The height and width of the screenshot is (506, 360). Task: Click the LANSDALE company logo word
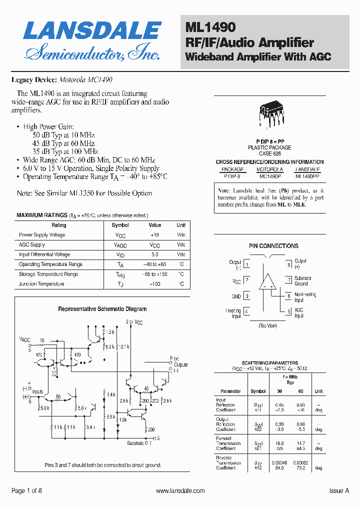tap(92, 31)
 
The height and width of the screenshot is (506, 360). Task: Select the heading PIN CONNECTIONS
tap(273, 246)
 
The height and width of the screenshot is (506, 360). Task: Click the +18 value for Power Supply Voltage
tap(154, 235)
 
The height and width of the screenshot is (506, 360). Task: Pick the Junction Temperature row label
tap(41, 284)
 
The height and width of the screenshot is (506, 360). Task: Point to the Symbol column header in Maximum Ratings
tap(120, 225)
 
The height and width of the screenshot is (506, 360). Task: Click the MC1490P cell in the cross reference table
tap(270, 176)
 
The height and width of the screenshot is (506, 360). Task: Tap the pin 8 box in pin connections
tap(288, 265)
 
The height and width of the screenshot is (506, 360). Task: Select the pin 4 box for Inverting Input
tap(247, 312)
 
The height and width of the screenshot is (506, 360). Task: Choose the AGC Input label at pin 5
tap(299, 313)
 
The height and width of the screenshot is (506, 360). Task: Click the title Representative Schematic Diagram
tap(102, 309)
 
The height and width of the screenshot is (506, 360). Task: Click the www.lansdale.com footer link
tap(180, 491)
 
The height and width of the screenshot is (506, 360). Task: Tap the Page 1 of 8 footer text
tap(26, 491)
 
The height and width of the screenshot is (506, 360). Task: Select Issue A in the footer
tap(339, 491)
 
